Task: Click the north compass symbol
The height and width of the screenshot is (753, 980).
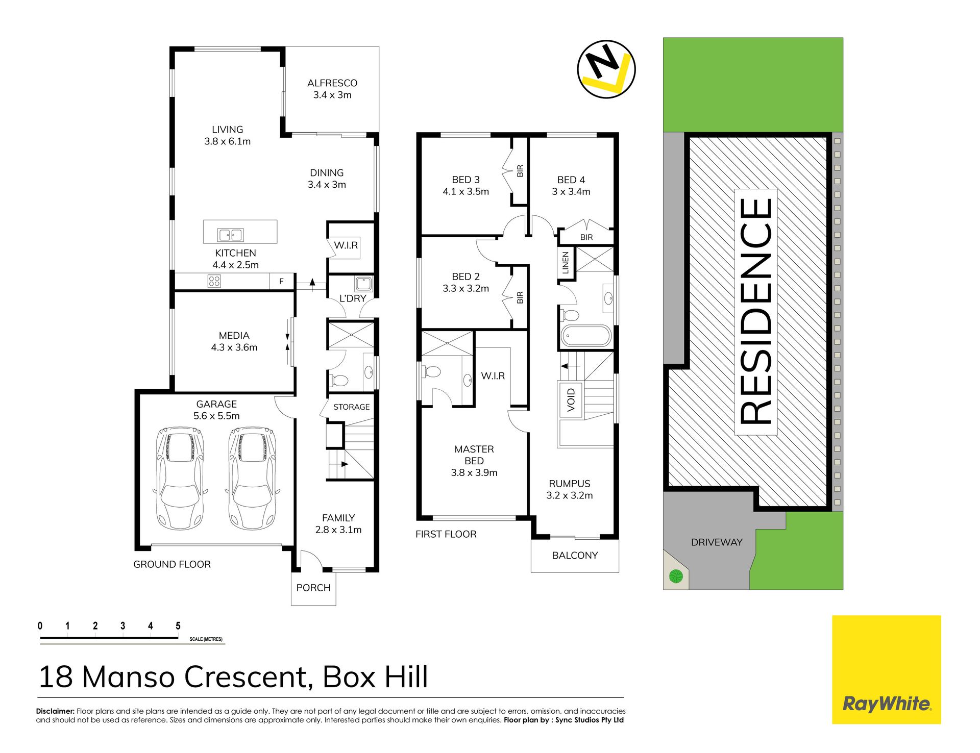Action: pos(606,69)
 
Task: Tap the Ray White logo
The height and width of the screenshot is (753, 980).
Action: pos(887,669)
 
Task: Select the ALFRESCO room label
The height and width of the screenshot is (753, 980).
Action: pos(332,83)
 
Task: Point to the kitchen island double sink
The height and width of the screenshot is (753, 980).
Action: pos(230,235)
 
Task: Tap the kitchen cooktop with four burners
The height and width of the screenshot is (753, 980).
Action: pos(214,281)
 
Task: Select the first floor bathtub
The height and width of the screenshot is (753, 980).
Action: pos(586,337)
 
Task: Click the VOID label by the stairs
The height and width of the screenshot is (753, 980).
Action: pos(571,400)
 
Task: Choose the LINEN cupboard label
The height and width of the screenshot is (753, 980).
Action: pos(565,263)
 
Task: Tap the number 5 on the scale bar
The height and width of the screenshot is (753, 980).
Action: pos(178,626)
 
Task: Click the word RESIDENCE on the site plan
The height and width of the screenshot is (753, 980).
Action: pos(756,312)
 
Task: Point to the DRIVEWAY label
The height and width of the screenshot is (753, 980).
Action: pos(717,542)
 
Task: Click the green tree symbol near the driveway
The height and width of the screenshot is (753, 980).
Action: pos(676,576)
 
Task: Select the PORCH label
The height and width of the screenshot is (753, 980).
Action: pos(313,588)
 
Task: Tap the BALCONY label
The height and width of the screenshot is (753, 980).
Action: pos(575,556)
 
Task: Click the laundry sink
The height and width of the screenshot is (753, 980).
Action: pos(364,284)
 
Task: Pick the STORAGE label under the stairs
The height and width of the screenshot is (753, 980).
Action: pos(352,407)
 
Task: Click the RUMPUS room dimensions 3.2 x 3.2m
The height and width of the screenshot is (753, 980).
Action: pos(570,495)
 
